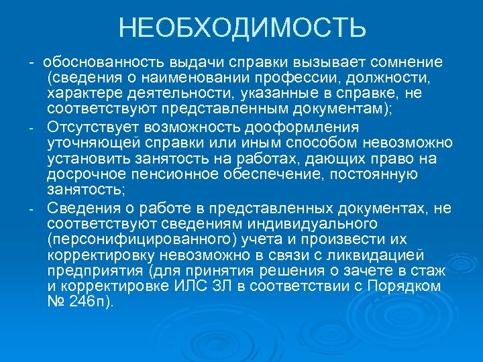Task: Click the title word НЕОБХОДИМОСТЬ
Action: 242,28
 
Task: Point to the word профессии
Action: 314,78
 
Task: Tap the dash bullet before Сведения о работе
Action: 32,208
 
